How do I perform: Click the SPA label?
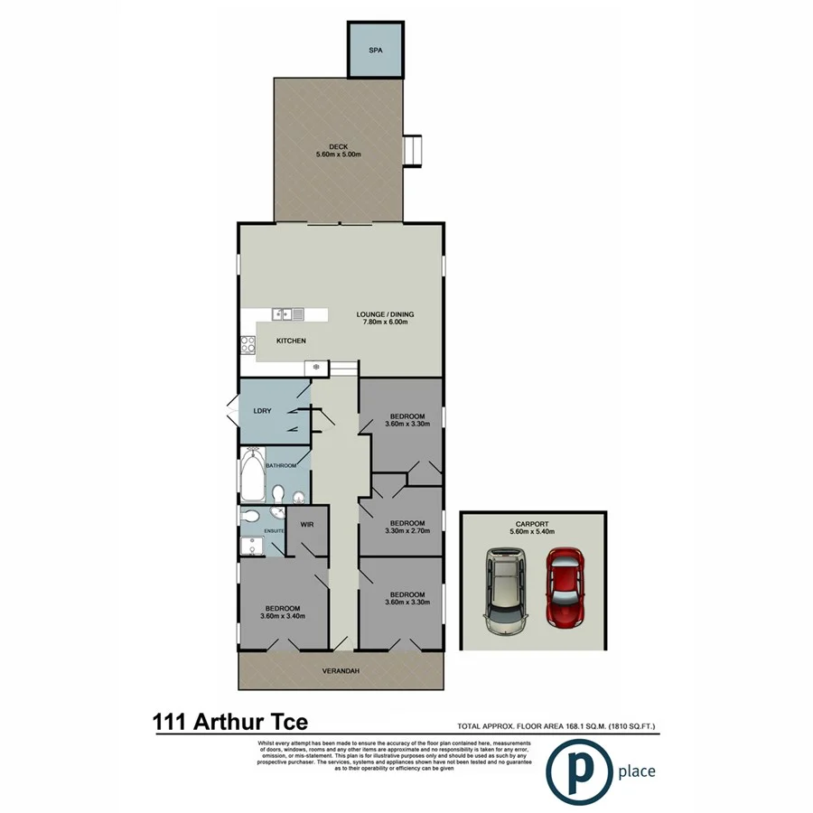376,51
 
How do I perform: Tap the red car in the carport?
565,588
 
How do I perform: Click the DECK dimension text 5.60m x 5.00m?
339,154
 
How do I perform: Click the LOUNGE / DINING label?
384,314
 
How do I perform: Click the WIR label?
306,522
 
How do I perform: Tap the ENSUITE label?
275,530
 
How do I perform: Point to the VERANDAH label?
341,671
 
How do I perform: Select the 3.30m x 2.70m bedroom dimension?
406,531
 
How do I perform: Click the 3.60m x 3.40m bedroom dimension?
283,616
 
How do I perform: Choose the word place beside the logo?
637,771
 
